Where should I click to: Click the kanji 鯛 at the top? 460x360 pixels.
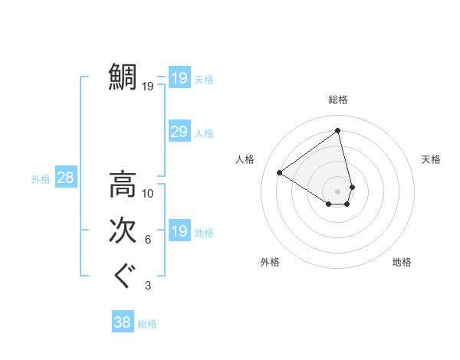[123, 77]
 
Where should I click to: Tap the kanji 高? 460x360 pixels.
[123, 185]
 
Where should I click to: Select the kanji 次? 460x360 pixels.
[123, 231]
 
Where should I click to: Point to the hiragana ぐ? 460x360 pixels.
[123, 277]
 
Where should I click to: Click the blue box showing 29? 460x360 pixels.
[179, 132]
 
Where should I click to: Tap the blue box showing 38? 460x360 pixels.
[122, 322]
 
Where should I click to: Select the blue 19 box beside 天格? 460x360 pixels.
[179, 77]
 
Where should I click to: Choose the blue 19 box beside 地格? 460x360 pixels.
[179, 231]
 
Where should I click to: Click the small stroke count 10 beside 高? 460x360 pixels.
[148, 194]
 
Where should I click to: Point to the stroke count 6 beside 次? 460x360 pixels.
[148, 240]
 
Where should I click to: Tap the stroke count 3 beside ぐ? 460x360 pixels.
[148, 286]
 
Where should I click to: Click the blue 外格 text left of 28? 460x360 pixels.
[41, 179]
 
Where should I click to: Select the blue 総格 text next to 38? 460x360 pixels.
[147, 324]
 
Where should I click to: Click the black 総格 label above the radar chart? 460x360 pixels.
[338, 100]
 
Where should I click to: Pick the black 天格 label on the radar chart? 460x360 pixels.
[431, 159]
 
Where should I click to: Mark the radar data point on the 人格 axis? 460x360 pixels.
[280, 172]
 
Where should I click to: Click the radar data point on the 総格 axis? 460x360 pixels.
[338, 130]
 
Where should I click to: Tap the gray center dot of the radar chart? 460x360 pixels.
[338, 191]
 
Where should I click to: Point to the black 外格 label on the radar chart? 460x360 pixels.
[270, 262]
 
